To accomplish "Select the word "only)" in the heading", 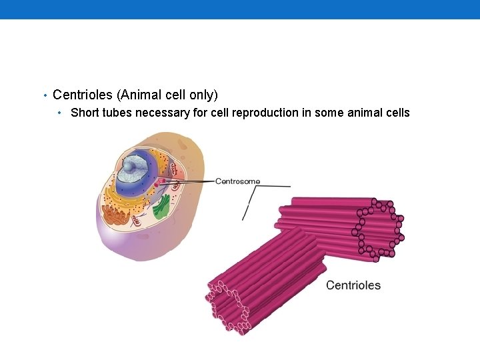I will click(203, 95).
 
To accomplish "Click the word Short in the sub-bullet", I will click(84, 113).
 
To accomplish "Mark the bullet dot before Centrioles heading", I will click(44, 96).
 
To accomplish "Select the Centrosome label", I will click(238, 181).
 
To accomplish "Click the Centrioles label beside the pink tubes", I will click(353, 285).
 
